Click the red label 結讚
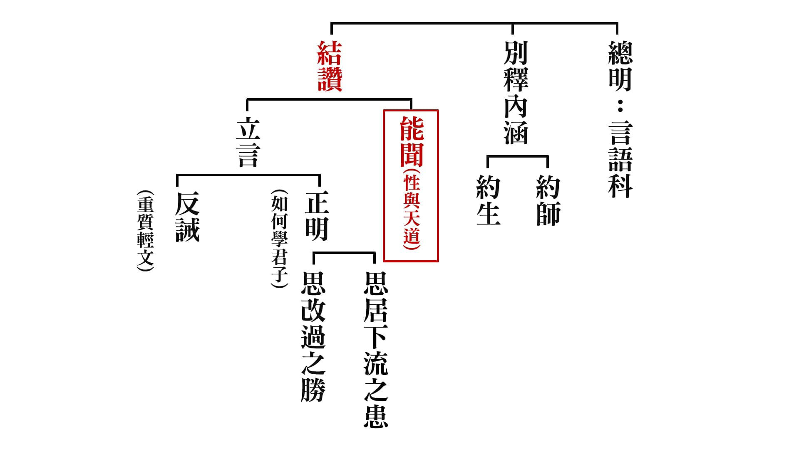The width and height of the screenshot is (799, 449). pyautogui.click(x=330, y=66)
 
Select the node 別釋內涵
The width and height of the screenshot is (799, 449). pyautogui.click(x=516, y=92)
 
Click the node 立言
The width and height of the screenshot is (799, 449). pyautogui.click(x=248, y=142)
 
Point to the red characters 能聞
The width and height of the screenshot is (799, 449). pyautogui.click(x=412, y=141)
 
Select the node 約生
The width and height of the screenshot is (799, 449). pyautogui.click(x=488, y=200)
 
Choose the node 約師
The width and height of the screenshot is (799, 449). pyautogui.click(x=548, y=200)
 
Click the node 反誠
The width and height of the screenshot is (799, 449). pyautogui.click(x=187, y=216)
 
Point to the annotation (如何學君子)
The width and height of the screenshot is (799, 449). pyautogui.click(x=279, y=239)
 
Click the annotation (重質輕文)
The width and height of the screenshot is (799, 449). pyautogui.click(x=145, y=231)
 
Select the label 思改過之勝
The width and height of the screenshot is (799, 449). pyautogui.click(x=313, y=337)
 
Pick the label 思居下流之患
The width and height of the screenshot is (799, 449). pyautogui.click(x=376, y=349)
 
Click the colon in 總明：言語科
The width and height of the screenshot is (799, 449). pyautogui.click(x=620, y=107)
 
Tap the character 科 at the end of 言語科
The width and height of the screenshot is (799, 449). pyautogui.click(x=620, y=185)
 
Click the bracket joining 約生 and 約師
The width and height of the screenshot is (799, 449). pyautogui.click(x=518, y=156)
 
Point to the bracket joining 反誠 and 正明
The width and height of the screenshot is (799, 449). pyautogui.click(x=248, y=175)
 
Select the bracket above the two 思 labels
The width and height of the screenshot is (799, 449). pyautogui.click(x=344, y=253)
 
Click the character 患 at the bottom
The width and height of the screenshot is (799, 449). pyautogui.click(x=376, y=416)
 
